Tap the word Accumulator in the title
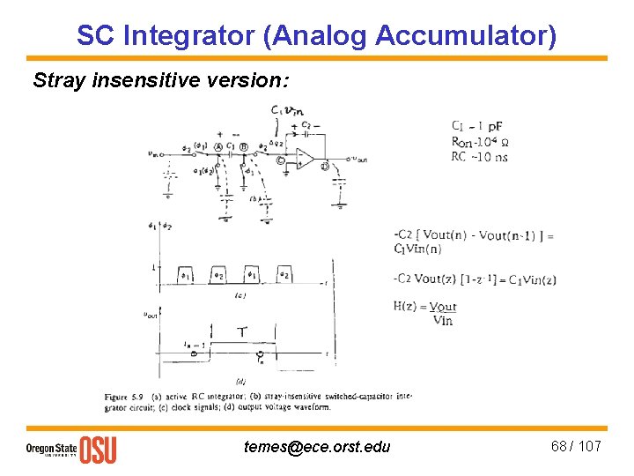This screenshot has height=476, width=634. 466,36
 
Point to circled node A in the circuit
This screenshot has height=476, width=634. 217,147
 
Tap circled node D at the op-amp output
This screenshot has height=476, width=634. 326,165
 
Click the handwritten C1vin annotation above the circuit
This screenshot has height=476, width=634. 288,110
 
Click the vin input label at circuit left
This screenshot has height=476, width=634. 155,152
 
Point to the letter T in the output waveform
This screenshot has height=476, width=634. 241,332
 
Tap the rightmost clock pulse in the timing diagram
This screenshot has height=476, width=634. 284,274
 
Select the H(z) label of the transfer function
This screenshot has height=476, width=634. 409,307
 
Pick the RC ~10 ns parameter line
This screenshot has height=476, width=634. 479,156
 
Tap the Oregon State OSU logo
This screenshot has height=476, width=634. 70,450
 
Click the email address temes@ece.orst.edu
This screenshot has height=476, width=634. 316,447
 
